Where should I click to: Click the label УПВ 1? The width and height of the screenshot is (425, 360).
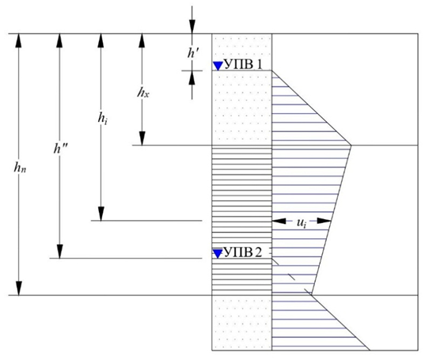point(244,65)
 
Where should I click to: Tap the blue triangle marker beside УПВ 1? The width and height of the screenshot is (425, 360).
point(218,66)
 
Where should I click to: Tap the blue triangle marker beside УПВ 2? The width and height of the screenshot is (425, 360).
point(218,253)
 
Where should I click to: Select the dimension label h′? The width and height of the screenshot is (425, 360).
point(194,53)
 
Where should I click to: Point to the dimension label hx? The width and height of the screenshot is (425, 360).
point(143,93)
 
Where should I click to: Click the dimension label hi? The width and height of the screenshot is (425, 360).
point(102,118)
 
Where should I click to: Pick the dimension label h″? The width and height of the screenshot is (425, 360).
point(61,149)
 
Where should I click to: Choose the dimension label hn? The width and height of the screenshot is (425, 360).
point(20,169)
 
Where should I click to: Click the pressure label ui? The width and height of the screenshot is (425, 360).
point(302,222)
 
